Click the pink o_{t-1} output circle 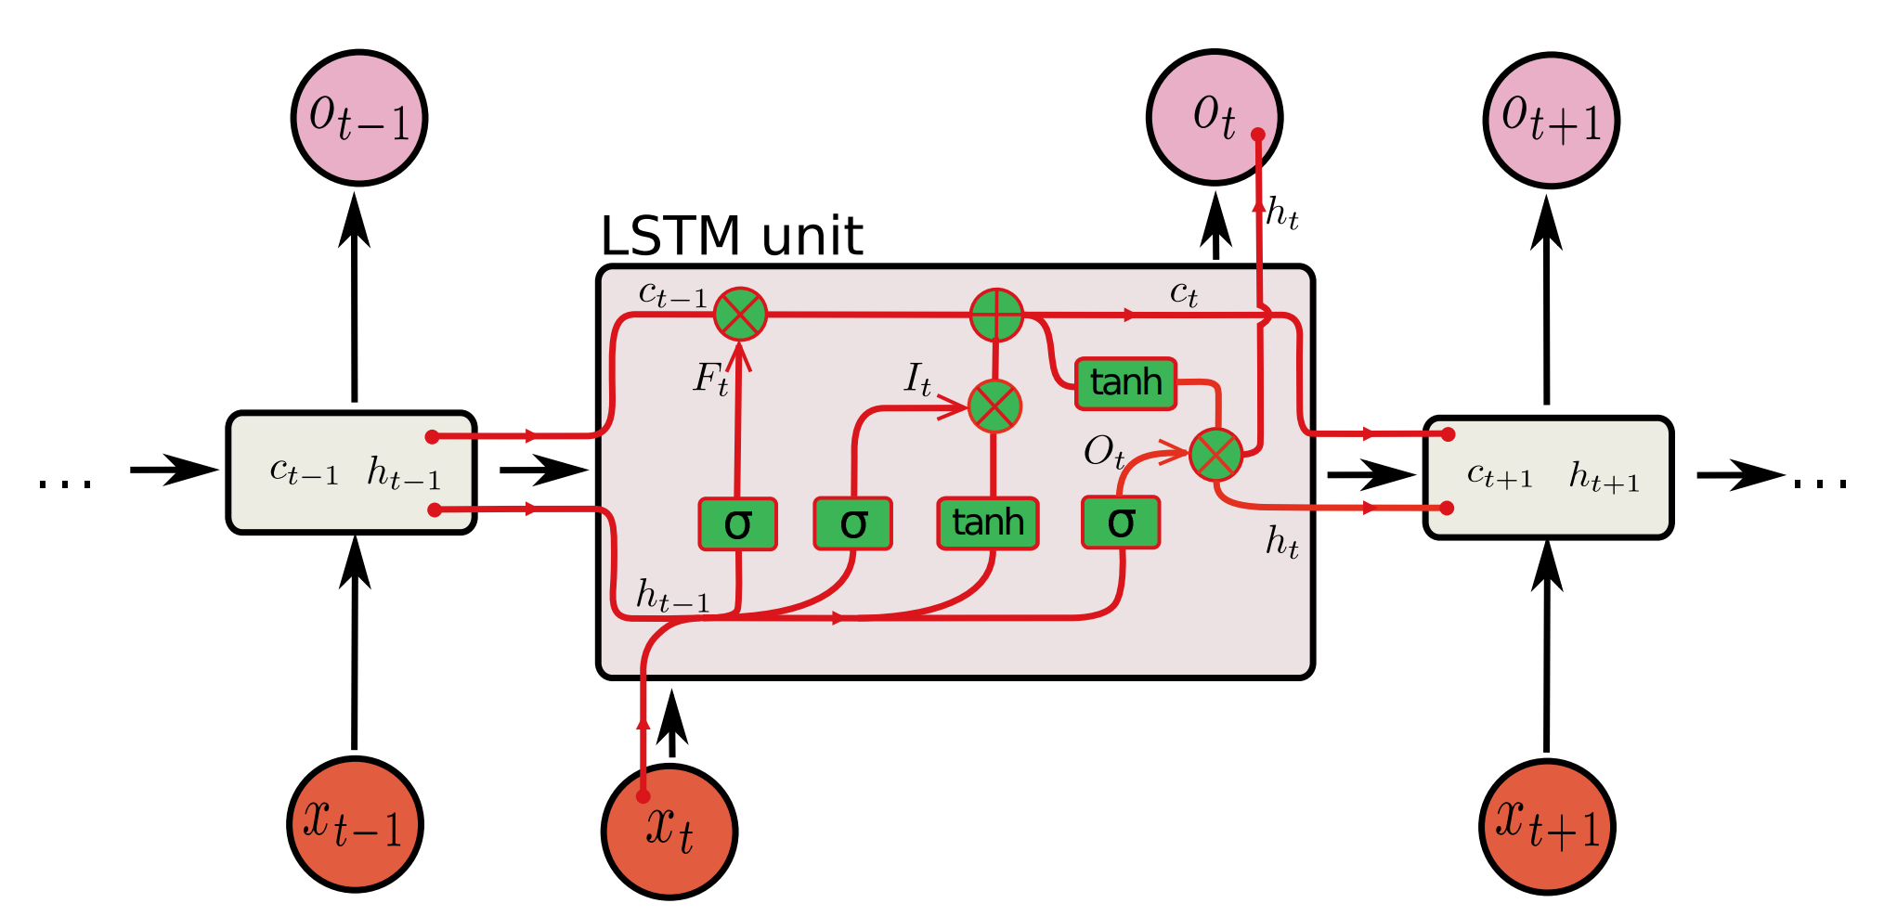(358, 118)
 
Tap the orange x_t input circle (669, 832)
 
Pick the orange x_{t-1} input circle (355, 824)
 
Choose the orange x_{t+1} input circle (1547, 826)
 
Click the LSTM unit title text (731, 237)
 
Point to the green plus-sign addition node (996, 316)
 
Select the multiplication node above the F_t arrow (740, 314)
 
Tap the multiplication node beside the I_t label (994, 406)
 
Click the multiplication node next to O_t (1215, 455)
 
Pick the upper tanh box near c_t (1125, 383)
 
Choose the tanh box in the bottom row (987, 523)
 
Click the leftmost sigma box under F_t (737, 524)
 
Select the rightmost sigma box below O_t (1121, 523)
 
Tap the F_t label (711, 379)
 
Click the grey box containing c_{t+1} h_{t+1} (1548, 478)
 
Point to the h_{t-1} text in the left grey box (403, 473)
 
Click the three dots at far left (66, 483)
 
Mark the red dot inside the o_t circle (1258, 135)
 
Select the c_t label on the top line (1183, 294)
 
